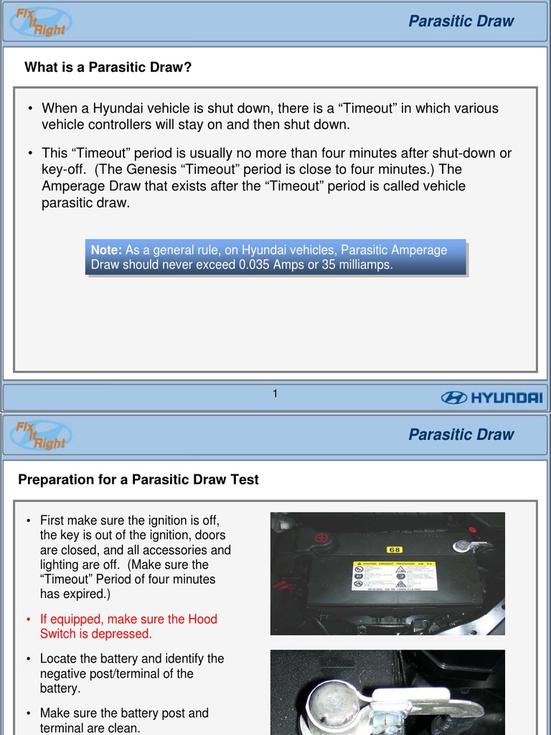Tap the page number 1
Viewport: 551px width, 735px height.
275,393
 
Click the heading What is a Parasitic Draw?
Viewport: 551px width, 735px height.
108,67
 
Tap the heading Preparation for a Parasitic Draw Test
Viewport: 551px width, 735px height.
138,479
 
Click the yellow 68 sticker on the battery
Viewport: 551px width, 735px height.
395,550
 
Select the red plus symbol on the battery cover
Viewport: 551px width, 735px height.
321,538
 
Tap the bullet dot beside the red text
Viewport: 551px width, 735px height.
28,619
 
